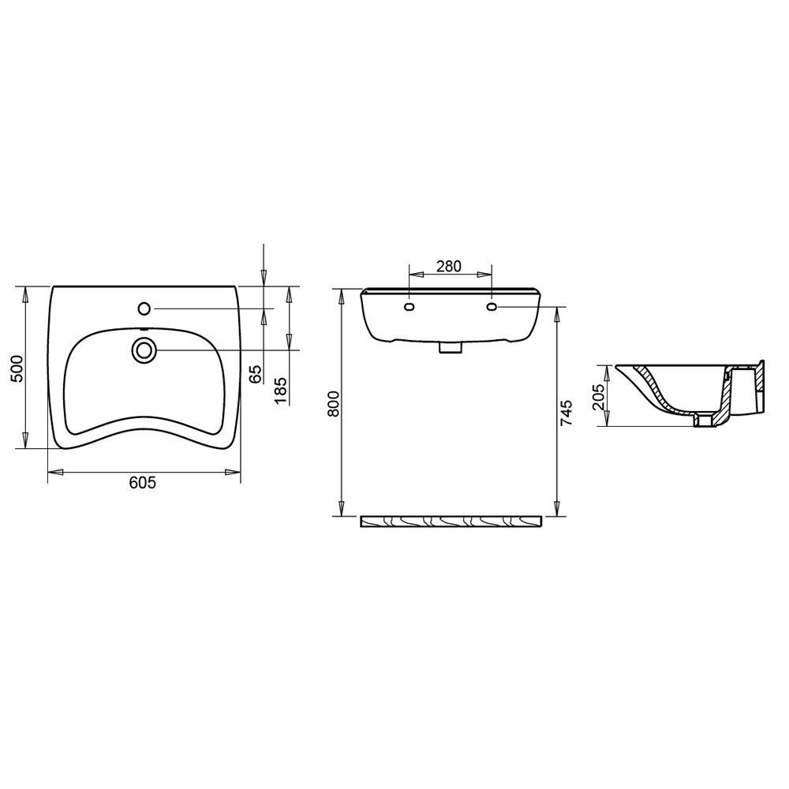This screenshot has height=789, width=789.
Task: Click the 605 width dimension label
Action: (x=143, y=483)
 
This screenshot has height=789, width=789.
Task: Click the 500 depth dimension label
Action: (x=17, y=368)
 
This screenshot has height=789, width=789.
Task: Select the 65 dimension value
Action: (x=256, y=374)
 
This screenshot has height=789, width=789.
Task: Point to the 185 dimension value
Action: (x=281, y=390)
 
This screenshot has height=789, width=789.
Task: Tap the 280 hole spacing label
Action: (x=449, y=266)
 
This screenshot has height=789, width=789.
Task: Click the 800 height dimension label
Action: (x=334, y=403)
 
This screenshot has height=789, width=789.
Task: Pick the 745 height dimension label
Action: (x=567, y=413)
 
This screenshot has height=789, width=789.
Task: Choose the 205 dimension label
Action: (x=598, y=398)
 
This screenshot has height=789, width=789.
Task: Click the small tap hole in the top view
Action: (x=144, y=308)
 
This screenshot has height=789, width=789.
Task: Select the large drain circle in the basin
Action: (x=144, y=350)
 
